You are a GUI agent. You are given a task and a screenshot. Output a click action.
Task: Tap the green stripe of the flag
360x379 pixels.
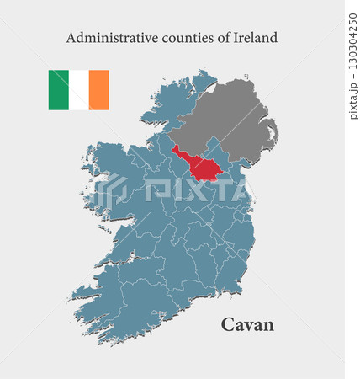click(x=58, y=90)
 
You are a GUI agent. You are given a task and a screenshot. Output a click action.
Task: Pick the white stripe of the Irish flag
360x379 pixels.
click(x=79, y=90)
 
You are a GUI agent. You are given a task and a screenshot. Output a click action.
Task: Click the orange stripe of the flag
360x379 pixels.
click(x=99, y=90)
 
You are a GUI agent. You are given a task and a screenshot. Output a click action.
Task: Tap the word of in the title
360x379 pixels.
click(x=219, y=38)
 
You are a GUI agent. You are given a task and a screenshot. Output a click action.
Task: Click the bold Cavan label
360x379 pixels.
click(x=247, y=324)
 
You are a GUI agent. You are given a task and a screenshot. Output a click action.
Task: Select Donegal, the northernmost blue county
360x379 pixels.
click(x=172, y=105)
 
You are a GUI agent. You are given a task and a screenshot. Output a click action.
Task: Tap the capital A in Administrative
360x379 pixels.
click(x=71, y=38)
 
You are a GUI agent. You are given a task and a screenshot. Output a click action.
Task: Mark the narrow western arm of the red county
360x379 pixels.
click(x=179, y=153)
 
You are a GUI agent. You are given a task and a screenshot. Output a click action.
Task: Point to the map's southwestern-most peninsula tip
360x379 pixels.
click(x=74, y=296)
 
